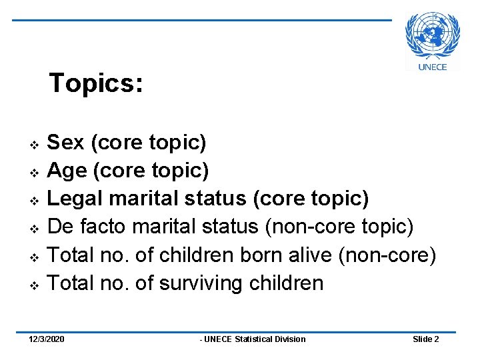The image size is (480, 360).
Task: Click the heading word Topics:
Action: coord(96,83)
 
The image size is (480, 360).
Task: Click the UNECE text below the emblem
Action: coord(433,66)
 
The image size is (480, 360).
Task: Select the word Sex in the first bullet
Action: coord(66,142)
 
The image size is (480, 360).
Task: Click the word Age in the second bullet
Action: coord(67,171)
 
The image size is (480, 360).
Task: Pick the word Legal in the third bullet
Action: coord(75,199)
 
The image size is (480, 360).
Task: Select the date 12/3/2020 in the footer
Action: coord(47,339)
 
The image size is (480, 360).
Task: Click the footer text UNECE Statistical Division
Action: coord(255,339)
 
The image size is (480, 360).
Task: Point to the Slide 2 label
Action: coord(425,339)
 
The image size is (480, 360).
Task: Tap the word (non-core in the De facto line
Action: coord(310,227)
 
